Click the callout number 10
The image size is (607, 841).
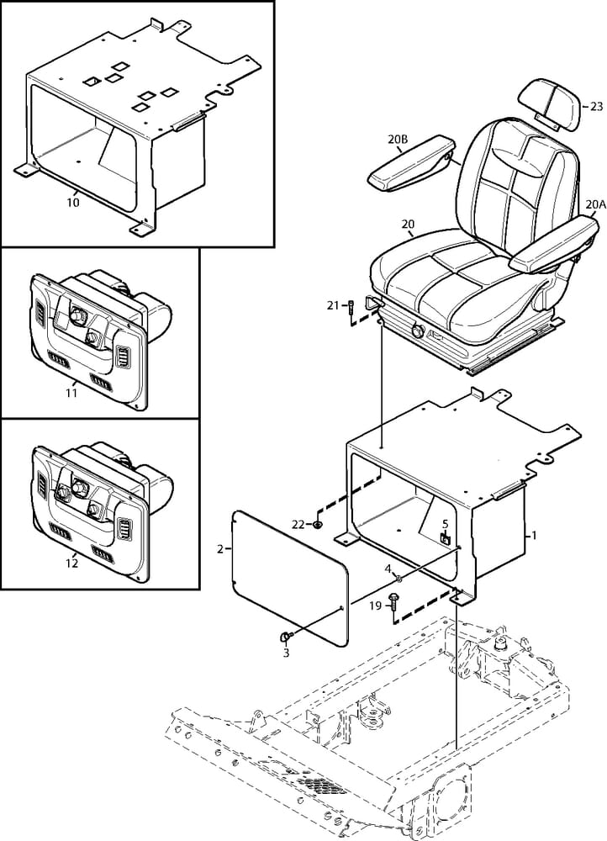coord(73,203)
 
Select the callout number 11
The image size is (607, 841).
coord(71,393)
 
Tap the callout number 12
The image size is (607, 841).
coord(71,563)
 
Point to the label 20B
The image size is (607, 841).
coord(398,140)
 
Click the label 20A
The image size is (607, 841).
coord(596,204)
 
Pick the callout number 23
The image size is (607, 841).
coord(596,107)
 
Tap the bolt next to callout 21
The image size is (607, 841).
coord(351,308)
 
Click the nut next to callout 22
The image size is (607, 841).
coord(318,525)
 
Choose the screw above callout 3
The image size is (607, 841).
coord(285,637)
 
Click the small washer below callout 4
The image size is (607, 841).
coord(399,578)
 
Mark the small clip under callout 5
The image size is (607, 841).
coord(445,538)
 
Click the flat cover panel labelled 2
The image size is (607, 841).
coord(290,577)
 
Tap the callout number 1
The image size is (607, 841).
coord(533,535)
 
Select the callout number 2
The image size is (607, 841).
coord(220,548)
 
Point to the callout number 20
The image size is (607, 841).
coord(408,225)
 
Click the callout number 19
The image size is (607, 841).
coord(376,606)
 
